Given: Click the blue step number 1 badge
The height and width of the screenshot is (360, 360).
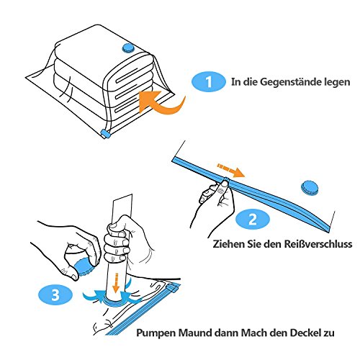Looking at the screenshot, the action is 209,81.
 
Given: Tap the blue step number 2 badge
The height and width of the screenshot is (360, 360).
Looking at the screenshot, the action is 253,219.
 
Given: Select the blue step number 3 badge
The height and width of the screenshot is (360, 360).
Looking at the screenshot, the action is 55,294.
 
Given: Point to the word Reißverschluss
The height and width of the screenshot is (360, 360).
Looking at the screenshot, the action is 318,244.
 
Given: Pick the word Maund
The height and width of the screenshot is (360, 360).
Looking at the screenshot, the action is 195,333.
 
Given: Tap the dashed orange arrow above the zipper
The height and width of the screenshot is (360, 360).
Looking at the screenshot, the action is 230,170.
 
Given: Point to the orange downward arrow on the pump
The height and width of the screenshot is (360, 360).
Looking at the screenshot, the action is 116,283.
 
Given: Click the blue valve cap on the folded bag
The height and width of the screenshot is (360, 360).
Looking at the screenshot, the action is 129,48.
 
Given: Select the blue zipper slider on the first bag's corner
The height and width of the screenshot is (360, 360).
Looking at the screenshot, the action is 106,133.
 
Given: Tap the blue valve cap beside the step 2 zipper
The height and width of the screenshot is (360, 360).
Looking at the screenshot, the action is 310,187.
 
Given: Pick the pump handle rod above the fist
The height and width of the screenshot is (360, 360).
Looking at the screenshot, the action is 122,209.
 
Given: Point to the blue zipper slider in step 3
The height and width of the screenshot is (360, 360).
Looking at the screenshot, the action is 174,287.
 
